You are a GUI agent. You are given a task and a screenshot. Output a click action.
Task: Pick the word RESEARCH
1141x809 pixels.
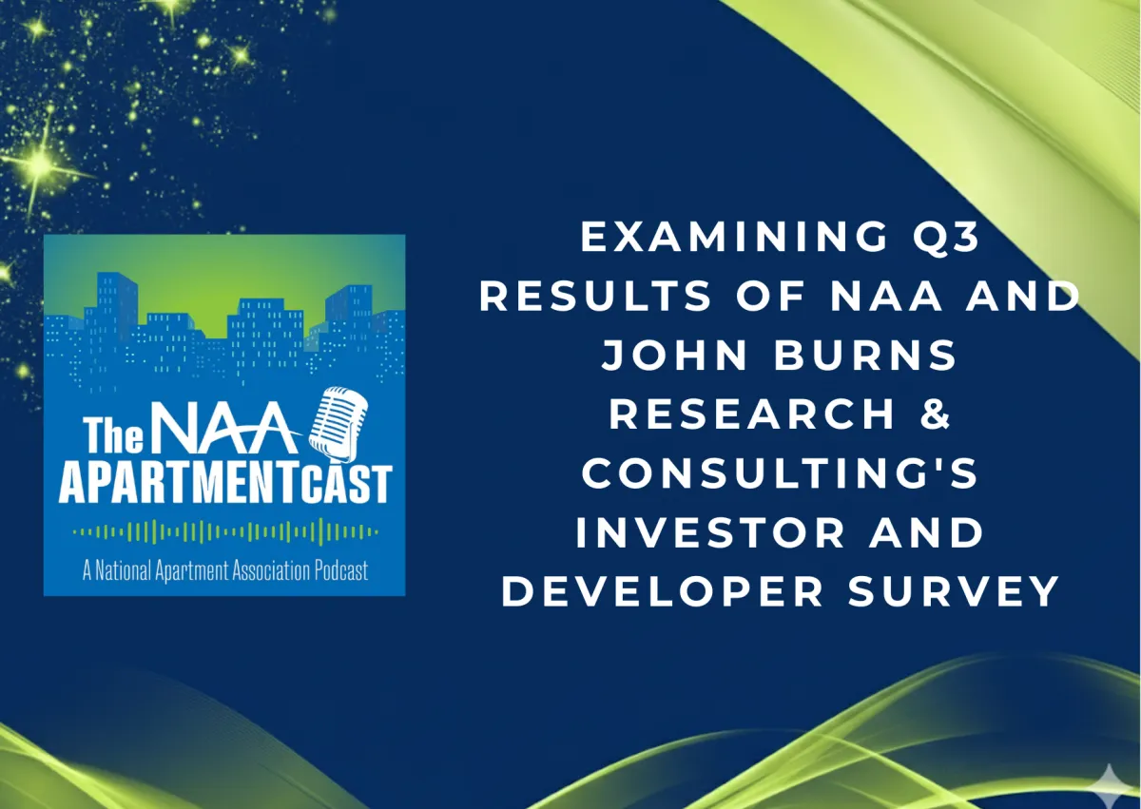coord(752,414)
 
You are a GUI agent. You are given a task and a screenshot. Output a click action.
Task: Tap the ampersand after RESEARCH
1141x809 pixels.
coord(936,414)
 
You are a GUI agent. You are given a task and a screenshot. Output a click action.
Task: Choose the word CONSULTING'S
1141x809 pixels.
coord(780,473)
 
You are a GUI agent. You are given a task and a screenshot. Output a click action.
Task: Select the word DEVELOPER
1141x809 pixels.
coord(662,591)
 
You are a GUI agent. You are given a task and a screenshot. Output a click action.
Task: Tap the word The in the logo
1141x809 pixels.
coord(113,434)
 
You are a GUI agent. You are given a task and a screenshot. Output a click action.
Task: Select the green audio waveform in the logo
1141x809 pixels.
coord(225,532)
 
